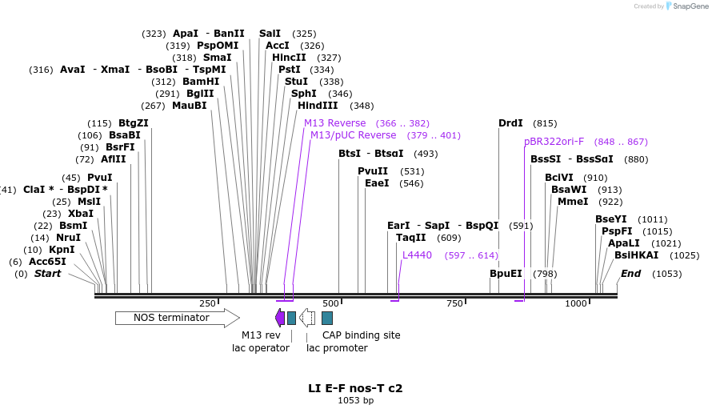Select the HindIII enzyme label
[x=318, y=106]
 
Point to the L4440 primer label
[x=417, y=255]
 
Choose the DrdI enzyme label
[x=510, y=123]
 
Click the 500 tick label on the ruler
[x=330, y=303]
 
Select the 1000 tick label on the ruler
[x=576, y=303]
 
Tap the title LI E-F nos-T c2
[x=355, y=388]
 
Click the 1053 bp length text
[x=355, y=400]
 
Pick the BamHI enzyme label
[x=201, y=82]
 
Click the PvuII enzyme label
[x=373, y=171]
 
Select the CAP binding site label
[x=361, y=335]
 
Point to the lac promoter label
[x=337, y=348]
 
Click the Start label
[x=47, y=274]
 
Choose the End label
[x=630, y=274]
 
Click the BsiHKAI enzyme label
[x=637, y=255]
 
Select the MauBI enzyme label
[x=190, y=106]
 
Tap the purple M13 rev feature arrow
[x=280, y=317]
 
